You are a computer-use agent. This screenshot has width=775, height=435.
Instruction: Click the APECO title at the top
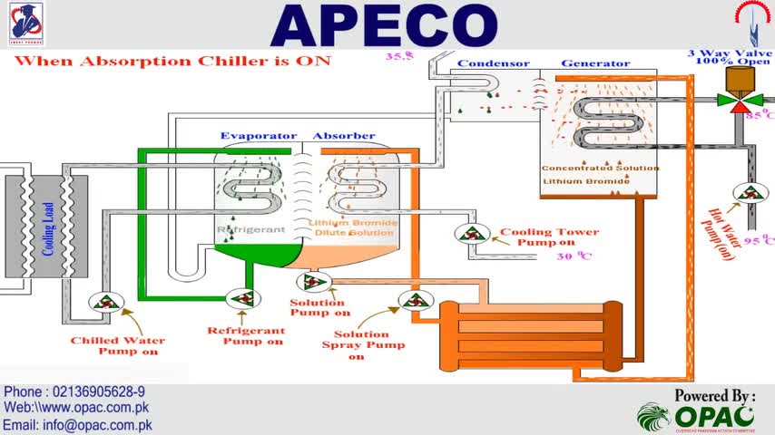[385, 25]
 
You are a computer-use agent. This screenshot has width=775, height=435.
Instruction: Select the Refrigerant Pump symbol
[241, 298]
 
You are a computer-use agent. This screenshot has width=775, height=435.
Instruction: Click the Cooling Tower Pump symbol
[472, 233]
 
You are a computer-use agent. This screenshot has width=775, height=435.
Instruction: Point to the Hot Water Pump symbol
[750, 192]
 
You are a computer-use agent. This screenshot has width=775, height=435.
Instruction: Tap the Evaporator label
[259, 136]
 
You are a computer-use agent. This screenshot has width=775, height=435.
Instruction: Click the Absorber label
[344, 136]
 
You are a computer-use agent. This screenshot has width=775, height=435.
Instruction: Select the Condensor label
[493, 63]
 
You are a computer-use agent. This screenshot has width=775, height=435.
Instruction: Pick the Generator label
[595, 63]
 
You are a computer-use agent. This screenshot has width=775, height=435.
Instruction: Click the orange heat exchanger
[531, 332]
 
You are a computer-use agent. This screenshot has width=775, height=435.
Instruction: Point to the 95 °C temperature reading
[757, 241]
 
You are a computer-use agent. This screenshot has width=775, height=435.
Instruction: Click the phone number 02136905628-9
[74, 391]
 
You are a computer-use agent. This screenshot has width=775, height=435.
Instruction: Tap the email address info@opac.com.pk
[78, 424]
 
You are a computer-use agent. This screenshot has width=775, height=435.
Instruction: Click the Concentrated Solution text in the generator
[600, 169]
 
